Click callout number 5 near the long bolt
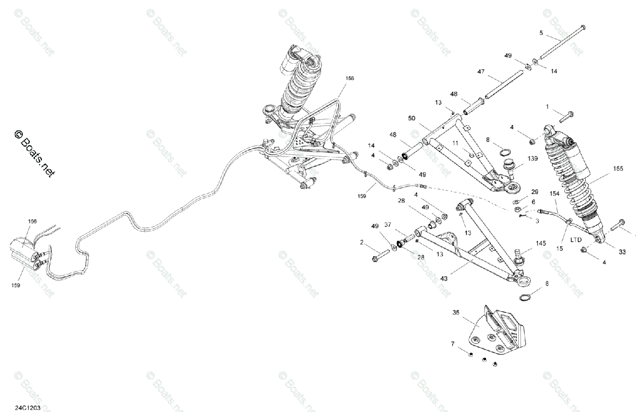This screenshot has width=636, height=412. [x=541, y=33]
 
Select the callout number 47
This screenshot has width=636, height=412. [x=481, y=71]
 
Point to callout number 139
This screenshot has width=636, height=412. [x=533, y=158]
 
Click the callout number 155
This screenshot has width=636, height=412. [x=618, y=168]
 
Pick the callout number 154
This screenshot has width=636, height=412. [x=554, y=194]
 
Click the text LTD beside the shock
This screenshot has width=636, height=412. [x=576, y=240]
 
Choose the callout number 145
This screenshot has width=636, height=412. [x=541, y=244]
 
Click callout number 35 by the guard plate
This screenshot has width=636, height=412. [x=456, y=313]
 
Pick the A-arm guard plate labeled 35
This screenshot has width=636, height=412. [x=496, y=331]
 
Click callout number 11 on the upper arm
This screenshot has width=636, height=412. [x=455, y=143]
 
